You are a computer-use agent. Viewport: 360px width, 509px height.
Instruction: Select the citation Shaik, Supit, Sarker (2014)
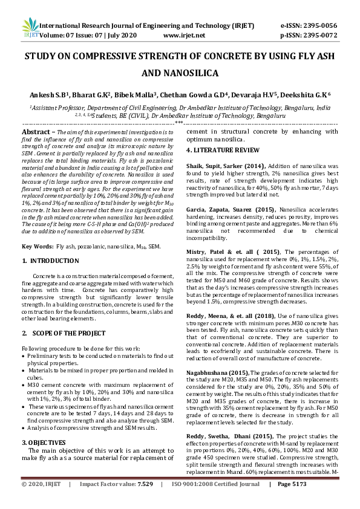(227, 165)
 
